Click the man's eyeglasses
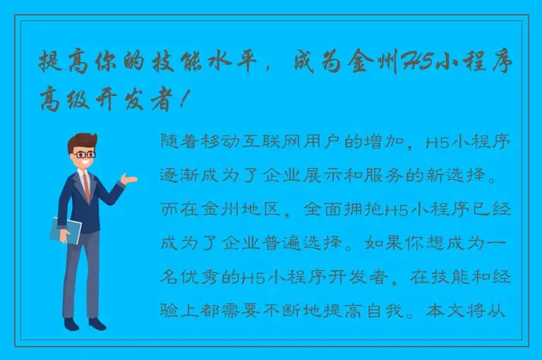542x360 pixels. [84, 154]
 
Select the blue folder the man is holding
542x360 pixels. [66, 231]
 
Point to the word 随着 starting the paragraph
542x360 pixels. [178, 143]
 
